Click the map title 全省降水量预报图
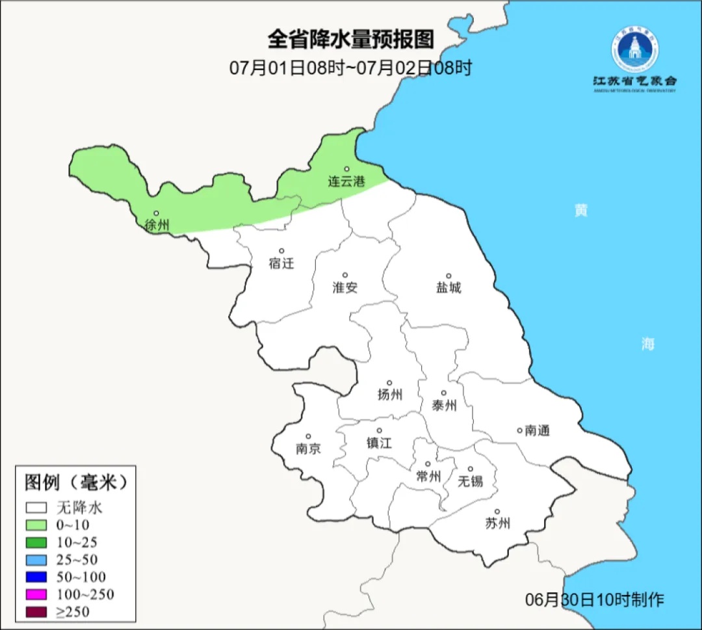pos(350,39)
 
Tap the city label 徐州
pos(157,226)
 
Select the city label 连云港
pos(346,181)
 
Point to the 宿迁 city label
pos(281,263)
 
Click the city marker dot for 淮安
pos(345,275)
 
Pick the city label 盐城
pos(448,287)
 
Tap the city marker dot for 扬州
pos(390,383)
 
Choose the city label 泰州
pos(444,406)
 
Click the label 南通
pos(538,430)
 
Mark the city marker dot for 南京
pos(308,437)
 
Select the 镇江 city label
pos(379,443)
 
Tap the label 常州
pos(428,477)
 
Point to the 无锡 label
pos(471,481)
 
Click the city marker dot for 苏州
pos(497,512)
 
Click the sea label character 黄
pos(580,210)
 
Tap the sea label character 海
pos(647,344)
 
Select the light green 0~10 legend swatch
pos(37,524)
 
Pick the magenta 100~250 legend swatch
pos(37,594)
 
